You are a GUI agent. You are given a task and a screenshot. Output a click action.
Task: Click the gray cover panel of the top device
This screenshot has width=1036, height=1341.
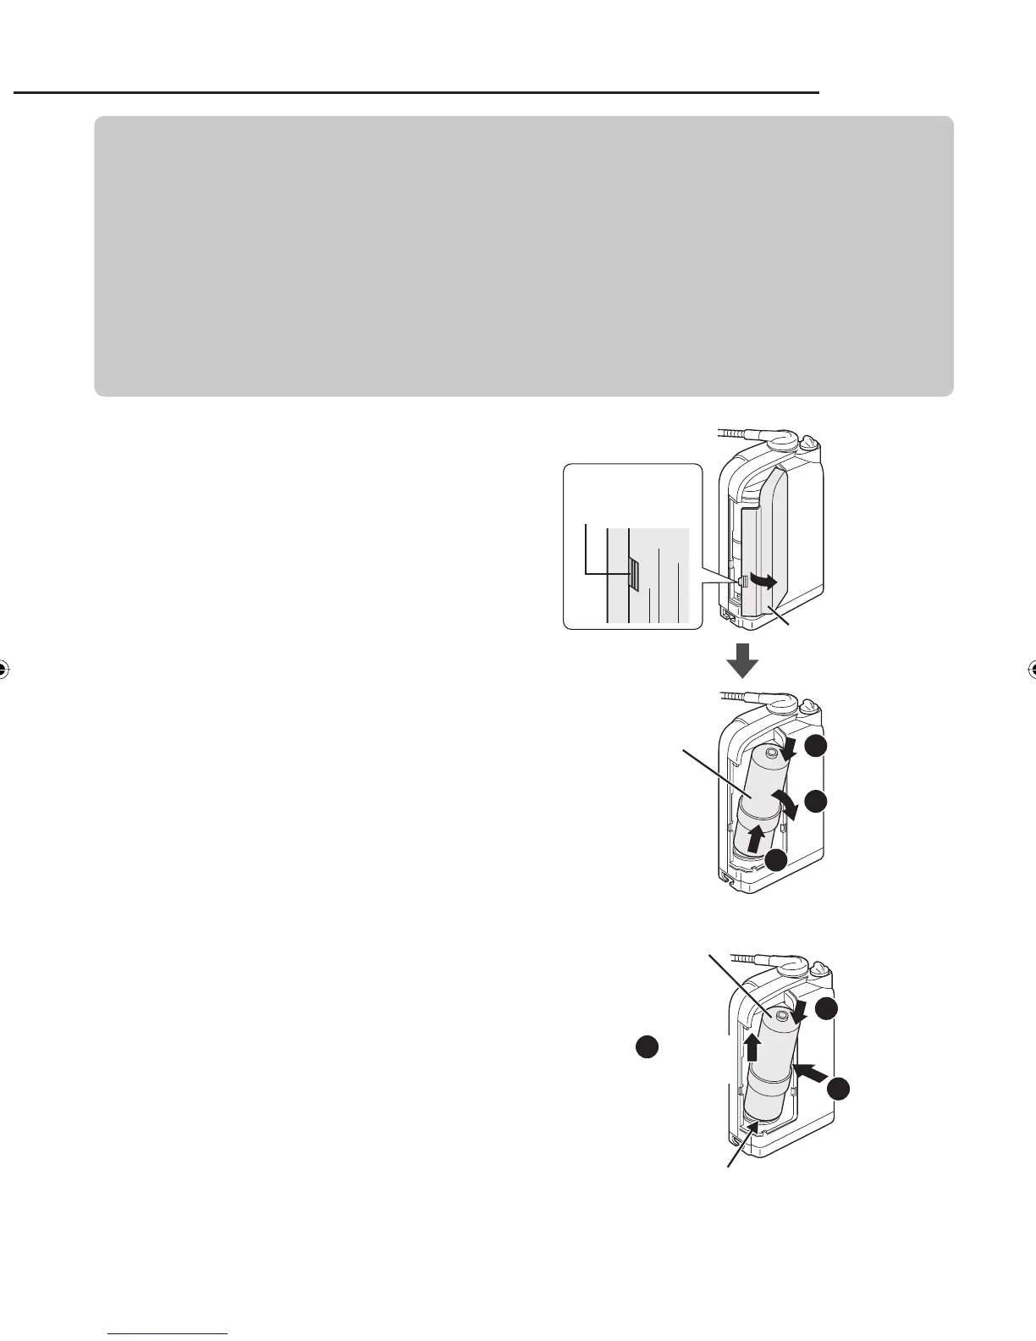click(774, 542)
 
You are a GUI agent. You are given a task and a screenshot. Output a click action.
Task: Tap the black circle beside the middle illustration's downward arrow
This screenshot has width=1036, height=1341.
click(815, 746)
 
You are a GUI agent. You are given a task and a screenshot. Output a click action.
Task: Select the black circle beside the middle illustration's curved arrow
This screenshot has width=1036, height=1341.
click(815, 802)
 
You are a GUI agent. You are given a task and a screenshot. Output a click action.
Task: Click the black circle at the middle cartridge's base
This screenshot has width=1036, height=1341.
click(774, 860)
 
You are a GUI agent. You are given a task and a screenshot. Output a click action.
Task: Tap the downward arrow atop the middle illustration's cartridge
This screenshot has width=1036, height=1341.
click(788, 748)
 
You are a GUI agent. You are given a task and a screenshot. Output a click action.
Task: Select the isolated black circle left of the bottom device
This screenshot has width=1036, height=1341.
click(647, 1046)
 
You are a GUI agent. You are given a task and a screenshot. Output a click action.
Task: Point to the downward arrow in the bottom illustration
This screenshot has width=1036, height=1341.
click(797, 1011)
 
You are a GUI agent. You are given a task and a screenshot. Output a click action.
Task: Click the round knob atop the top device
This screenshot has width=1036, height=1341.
click(807, 442)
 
